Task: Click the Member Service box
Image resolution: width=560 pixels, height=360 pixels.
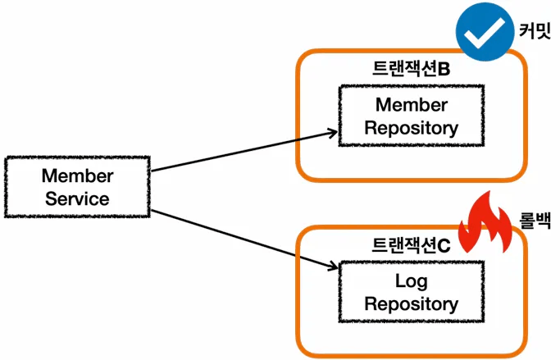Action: coord(77,187)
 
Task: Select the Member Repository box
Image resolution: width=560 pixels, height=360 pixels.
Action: coord(411,117)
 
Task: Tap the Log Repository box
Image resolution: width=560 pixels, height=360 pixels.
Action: coord(411,293)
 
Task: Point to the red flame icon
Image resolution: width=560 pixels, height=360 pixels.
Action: coord(486,226)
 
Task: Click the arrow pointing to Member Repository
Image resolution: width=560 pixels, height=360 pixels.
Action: coord(242,152)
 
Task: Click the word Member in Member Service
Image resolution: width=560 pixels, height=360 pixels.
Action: coord(77,175)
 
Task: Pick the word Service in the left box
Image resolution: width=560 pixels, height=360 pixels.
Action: coord(77,198)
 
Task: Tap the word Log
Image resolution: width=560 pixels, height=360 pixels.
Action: coord(411,281)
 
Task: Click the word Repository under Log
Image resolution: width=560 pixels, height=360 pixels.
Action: coord(411,304)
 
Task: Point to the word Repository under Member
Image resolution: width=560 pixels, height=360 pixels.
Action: coord(411,129)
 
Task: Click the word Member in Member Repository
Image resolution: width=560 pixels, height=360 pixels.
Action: coord(411,106)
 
